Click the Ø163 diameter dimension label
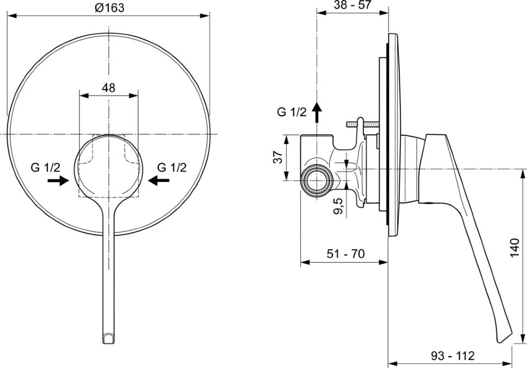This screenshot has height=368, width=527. [x=109, y=7]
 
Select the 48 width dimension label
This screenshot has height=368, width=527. [x=109, y=87]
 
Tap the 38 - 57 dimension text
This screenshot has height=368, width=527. [x=352, y=5]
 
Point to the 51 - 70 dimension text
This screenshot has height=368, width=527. [x=346, y=254]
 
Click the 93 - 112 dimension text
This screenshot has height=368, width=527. [x=453, y=356]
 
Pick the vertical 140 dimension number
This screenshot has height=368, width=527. [x=515, y=248]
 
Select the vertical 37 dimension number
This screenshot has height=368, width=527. [x=278, y=157]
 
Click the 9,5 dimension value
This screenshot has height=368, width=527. [x=338, y=206]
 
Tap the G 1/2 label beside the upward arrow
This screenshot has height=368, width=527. [x=292, y=112]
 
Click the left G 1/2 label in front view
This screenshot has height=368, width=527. [x=46, y=167]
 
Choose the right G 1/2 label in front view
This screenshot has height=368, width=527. [x=172, y=167]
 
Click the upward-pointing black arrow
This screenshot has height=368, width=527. [x=317, y=113]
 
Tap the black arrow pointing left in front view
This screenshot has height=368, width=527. [x=159, y=181]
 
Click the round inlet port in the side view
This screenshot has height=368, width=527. [x=317, y=180]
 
